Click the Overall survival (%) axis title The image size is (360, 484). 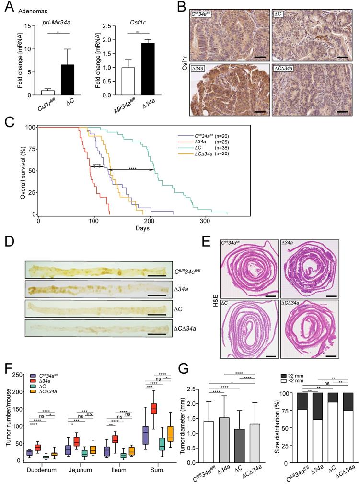coord(23,170)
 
